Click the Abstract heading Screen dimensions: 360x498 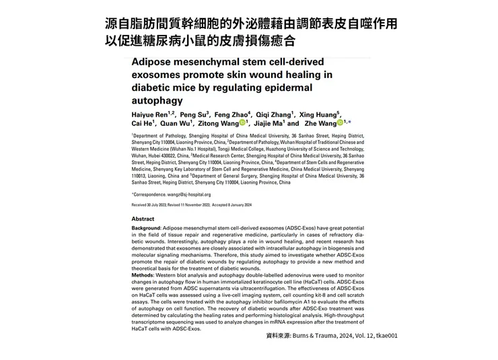click(x=143, y=219)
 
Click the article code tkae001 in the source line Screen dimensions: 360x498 click(x=384, y=334)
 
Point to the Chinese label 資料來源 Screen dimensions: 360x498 click(x=278, y=334)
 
